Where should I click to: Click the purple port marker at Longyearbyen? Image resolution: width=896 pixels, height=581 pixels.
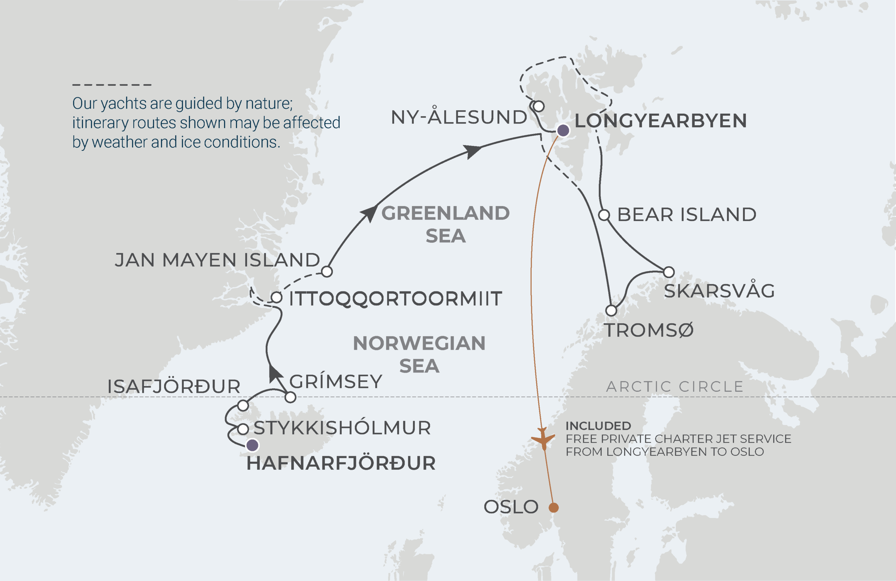563,130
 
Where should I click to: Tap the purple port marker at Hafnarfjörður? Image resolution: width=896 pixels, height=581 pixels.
252,445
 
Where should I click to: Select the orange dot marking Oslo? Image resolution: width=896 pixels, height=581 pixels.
553,508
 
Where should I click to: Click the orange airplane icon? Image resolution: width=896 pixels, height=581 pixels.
543,439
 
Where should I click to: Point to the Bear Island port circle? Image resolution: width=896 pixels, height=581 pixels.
604,215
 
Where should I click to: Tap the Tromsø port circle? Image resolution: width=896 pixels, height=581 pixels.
611,311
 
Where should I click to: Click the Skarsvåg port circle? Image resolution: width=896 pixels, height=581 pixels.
668,272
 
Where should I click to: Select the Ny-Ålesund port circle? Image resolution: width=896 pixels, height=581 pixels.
539,106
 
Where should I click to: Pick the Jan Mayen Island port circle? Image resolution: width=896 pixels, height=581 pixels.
327,271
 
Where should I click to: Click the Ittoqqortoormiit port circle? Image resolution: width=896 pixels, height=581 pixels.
276,297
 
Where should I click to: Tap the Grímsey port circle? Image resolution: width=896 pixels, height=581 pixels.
290,397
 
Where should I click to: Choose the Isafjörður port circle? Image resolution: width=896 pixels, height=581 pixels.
243,406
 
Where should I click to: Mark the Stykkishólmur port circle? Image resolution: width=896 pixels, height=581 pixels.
243,429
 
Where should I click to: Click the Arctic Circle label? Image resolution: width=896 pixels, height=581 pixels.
675,387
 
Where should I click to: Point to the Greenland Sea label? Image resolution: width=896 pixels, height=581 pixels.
445,224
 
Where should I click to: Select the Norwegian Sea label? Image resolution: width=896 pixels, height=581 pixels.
419,354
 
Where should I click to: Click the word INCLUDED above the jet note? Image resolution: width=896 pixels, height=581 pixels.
598,426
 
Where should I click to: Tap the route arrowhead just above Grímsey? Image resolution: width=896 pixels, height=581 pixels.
275,374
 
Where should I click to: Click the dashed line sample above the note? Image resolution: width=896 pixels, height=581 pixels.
112,85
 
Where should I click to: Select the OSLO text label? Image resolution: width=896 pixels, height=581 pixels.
511,507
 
